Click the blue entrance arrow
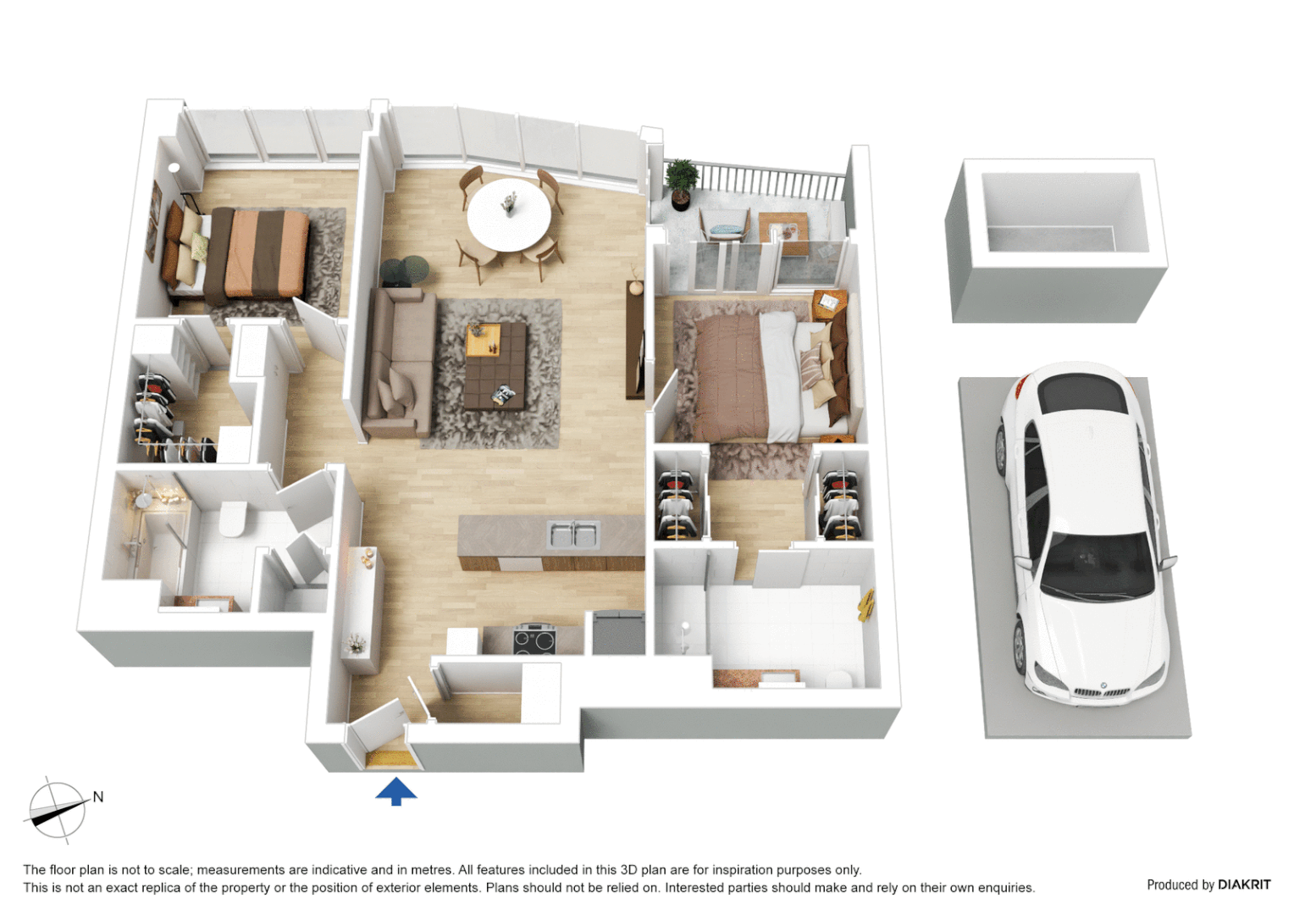pos(395,791)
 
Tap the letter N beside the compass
pos(98,796)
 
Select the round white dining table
pos(509,214)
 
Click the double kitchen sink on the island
pos(573,534)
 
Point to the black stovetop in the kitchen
pos(534,640)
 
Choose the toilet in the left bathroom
pos(233,518)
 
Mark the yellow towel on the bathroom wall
pos(866,605)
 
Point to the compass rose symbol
pos(58,810)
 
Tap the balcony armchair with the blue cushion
pos(724,226)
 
